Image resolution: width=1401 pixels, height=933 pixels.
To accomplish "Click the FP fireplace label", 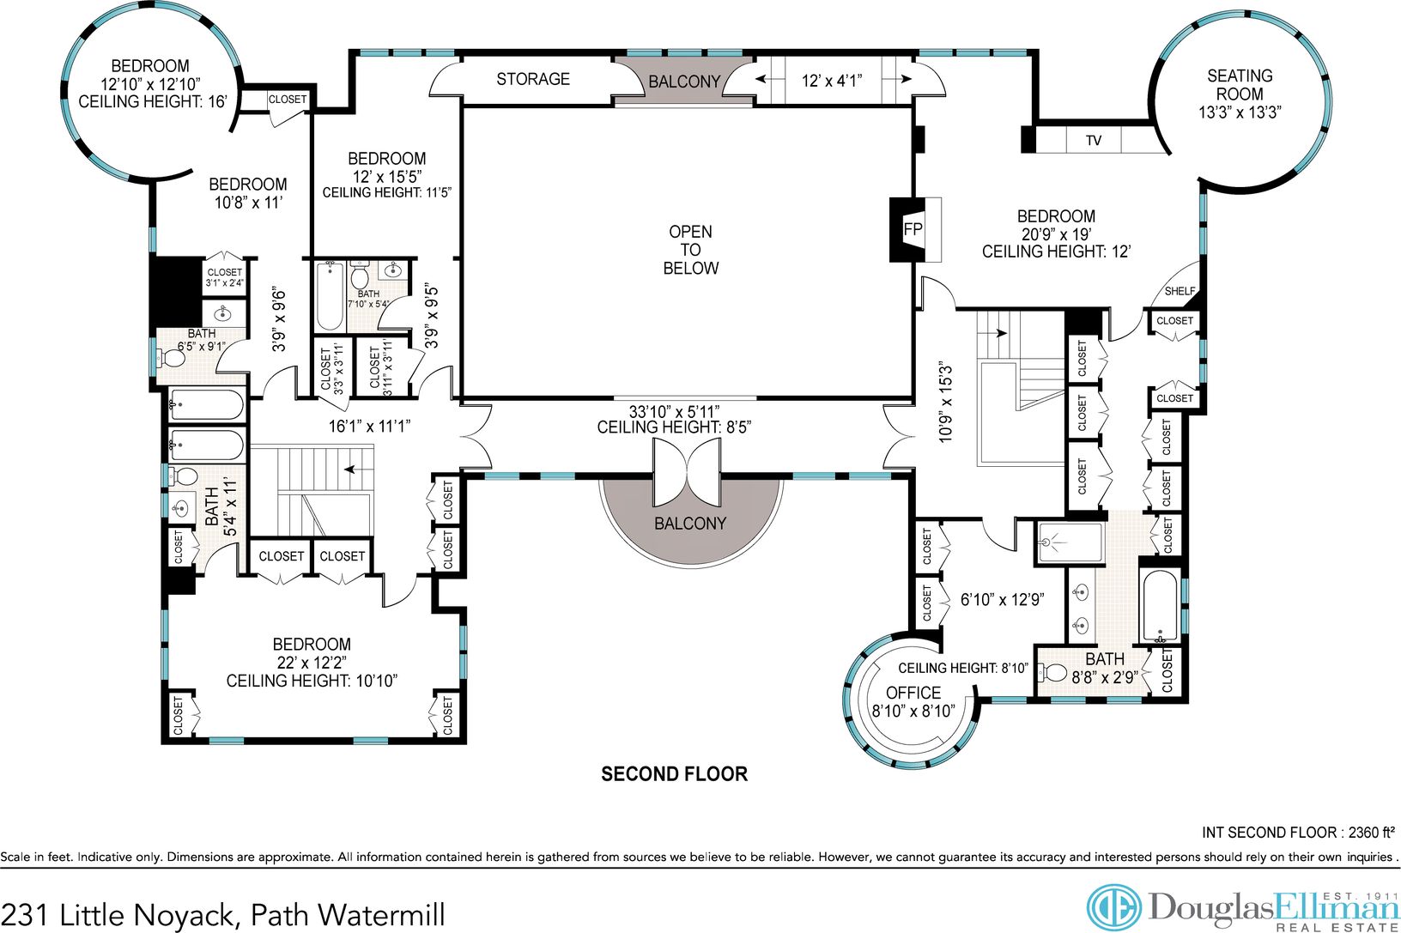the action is [x=913, y=229].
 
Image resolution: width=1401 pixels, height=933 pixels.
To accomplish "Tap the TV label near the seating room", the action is [x=1094, y=141].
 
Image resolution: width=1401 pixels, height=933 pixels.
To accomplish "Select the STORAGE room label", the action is [x=533, y=79].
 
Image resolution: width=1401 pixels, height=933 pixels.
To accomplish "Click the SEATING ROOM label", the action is [x=1240, y=85].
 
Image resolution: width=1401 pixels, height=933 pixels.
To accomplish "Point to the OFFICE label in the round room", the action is [x=913, y=693].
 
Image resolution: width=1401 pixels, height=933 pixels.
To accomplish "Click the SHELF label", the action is [x=1180, y=291].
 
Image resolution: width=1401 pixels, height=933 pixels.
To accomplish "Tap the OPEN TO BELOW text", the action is [x=690, y=250].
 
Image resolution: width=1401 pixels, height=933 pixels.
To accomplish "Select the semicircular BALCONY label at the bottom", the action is [x=690, y=524].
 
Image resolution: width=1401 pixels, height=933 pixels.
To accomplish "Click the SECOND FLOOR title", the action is [x=674, y=774].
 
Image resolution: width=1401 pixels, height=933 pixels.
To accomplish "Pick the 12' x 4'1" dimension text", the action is [x=832, y=81].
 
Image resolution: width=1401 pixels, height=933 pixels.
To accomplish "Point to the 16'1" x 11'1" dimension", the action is [x=370, y=427].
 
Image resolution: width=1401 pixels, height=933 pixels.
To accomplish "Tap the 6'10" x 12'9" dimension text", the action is [x=1002, y=600].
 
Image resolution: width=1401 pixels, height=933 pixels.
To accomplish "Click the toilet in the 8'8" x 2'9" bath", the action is [x=1052, y=673].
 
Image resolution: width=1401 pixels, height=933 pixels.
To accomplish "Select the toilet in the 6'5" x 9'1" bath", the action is [x=172, y=358].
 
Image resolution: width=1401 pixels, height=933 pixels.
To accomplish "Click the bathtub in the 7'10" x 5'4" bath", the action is [x=330, y=296].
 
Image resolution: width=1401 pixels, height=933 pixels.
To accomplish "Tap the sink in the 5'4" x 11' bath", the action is [x=180, y=508].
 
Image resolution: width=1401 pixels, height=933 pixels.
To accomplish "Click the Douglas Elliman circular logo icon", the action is [x=1113, y=907].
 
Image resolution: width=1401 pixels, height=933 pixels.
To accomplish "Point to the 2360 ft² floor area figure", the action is [x=1371, y=833].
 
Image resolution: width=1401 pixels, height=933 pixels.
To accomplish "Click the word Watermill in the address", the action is [x=381, y=916].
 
